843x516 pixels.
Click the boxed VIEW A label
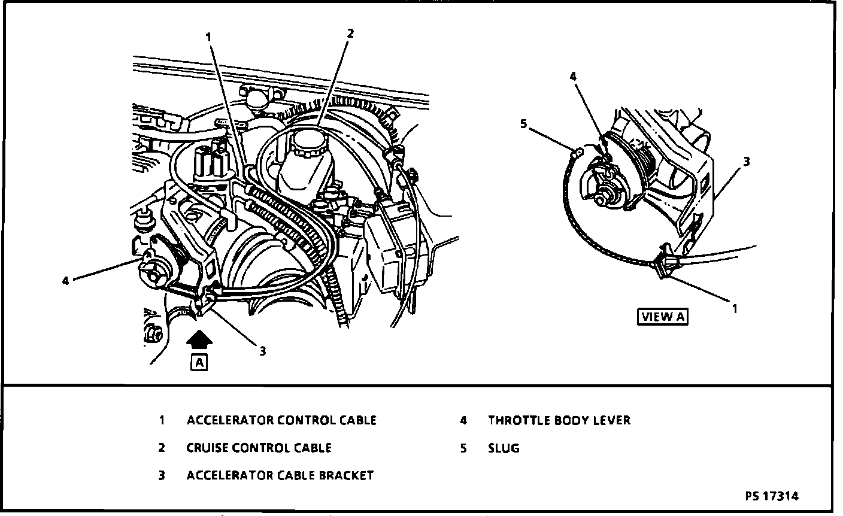coord(662,317)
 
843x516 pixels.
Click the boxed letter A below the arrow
coord(199,362)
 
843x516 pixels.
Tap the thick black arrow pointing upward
coord(199,341)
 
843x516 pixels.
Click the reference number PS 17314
coord(772,496)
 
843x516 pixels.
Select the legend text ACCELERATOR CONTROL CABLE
coord(281,420)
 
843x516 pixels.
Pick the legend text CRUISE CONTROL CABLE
coord(259,448)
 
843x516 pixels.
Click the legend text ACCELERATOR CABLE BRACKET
coord(280,475)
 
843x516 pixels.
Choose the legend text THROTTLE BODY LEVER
coord(559,420)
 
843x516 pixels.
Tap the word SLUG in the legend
coord(504,448)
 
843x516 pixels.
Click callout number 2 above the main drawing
coord(350,34)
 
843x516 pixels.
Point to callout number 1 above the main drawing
coord(208,37)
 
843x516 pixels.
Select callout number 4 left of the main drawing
coord(65,280)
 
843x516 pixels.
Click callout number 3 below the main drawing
coord(262,351)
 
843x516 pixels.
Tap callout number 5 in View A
coord(523,124)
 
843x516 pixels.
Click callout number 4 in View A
coord(572,76)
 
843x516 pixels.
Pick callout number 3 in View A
coord(746,161)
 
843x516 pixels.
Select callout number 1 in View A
coord(735,308)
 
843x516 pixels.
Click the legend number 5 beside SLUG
coord(463,448)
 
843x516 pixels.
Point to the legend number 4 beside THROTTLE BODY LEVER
coord(463,420)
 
